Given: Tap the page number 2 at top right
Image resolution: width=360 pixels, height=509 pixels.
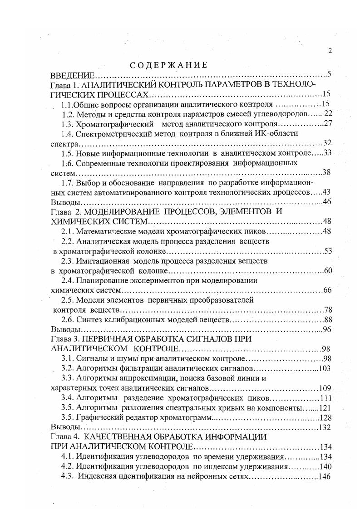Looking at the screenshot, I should (x=330, y=50).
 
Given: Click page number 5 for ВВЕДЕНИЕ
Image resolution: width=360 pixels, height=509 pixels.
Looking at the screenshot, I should (x=329, y=74).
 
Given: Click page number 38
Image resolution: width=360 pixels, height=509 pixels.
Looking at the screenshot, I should (x=327, y=172).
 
